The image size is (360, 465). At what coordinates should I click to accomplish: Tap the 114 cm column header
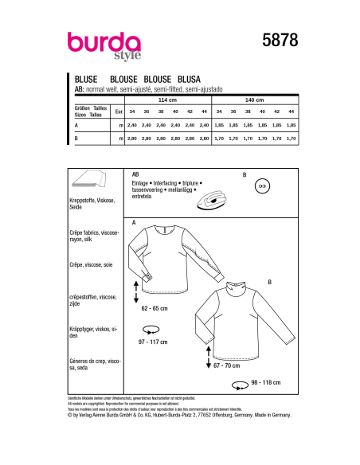(x=167, y=100)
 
